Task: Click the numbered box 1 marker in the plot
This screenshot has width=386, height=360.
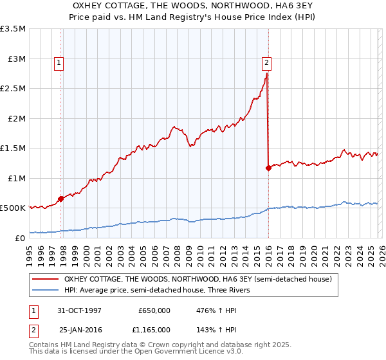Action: click(59, 63)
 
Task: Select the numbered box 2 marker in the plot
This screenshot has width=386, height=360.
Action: click(266, 63)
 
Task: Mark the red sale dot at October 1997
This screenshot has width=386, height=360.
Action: click(61, 199)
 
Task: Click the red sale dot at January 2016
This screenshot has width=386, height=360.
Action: click(268, 168)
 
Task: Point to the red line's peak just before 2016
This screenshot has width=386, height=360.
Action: click(266, 73)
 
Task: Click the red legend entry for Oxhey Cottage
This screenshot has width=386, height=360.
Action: click(198, 280)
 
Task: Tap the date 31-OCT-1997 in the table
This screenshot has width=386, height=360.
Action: click(80, 310)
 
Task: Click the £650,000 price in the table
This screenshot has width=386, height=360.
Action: click(154, 310)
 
